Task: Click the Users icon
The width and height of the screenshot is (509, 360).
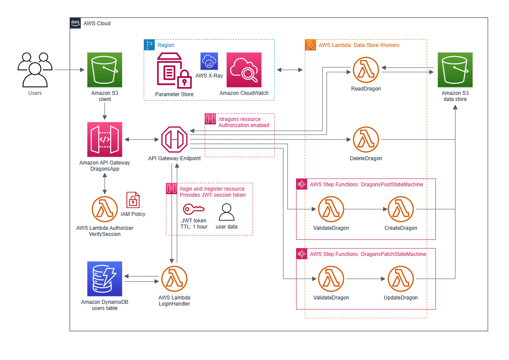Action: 35,70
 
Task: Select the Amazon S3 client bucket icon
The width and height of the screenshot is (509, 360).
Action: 104,70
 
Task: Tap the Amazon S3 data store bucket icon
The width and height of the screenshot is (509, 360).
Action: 455,70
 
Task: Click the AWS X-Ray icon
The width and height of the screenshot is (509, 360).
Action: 209,61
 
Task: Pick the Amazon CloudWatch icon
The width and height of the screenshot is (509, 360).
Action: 244,70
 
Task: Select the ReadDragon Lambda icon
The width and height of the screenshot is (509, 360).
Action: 366,70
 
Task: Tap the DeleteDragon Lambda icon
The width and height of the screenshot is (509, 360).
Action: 366,140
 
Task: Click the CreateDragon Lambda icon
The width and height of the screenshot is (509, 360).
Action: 401,209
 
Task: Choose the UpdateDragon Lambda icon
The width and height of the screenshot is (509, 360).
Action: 401,279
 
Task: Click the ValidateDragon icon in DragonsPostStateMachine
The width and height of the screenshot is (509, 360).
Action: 331,209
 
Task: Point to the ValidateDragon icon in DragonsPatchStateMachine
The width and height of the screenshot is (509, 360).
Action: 331,279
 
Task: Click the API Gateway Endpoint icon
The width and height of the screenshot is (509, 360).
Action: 174,139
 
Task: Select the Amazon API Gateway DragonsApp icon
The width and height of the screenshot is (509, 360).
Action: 104,139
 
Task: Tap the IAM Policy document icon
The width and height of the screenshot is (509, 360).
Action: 133,200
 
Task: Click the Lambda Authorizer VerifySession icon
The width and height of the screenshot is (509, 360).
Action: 104,209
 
